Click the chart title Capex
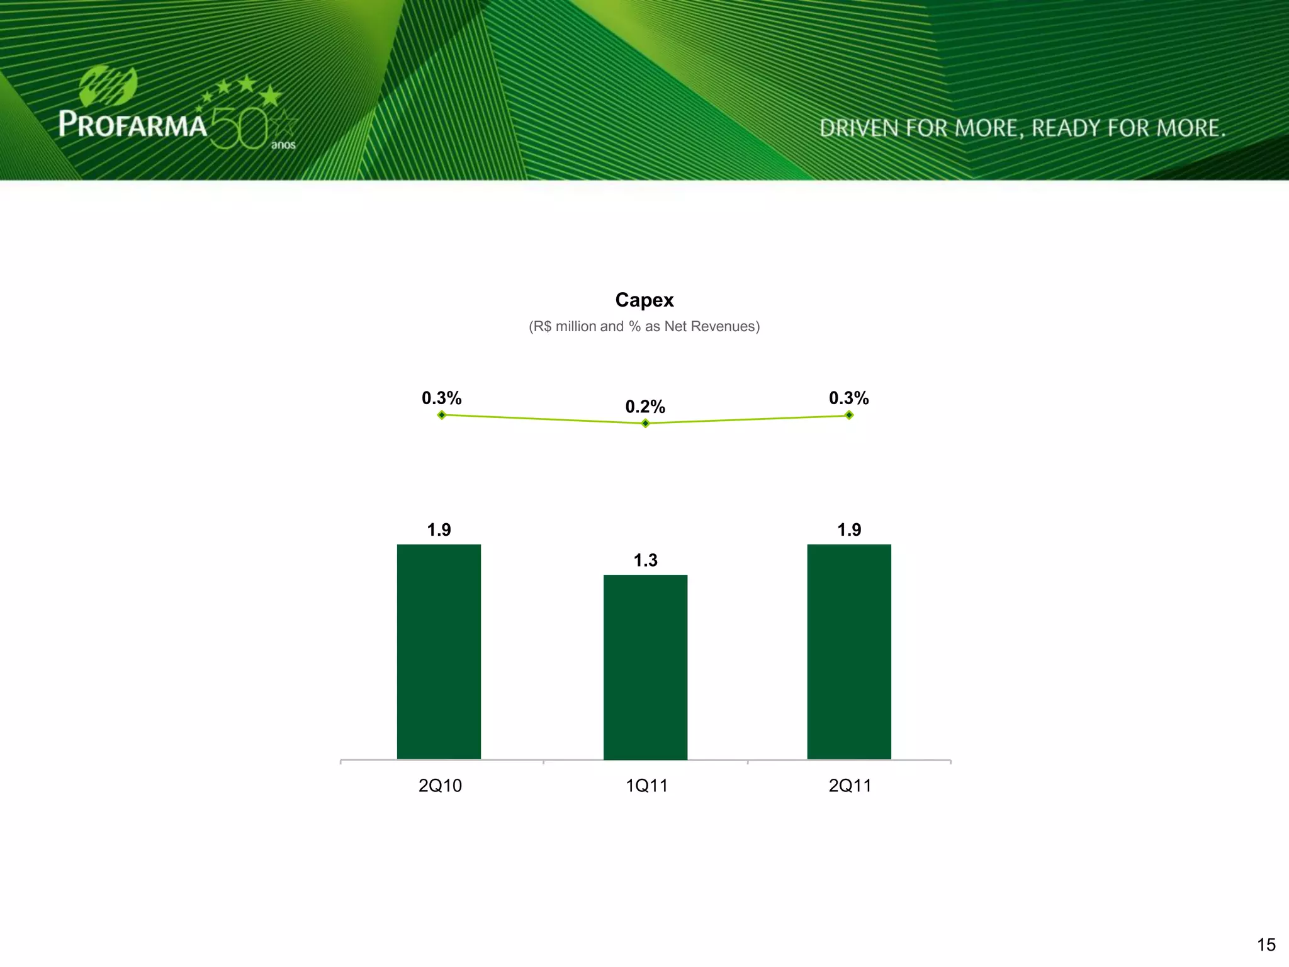coord(644,300)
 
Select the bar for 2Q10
coord(439,652)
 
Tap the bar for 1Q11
coord(645,667)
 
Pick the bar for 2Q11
coord(849,652)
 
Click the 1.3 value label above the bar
coord(645,560)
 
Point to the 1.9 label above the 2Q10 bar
coord(439,530)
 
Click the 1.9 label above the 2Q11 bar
coord(849,530)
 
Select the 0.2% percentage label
coord(645,407)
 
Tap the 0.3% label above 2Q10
coord(441,398)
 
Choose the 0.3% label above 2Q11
coord(848,398)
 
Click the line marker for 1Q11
coord(645,424)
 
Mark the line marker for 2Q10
coord(442,415)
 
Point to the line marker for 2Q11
coord(849,415)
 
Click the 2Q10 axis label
coord(440,786)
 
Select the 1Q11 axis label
coord(646,786)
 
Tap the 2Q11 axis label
coord(850,786)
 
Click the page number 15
coord(1266,944)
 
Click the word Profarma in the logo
coord(133,124)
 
